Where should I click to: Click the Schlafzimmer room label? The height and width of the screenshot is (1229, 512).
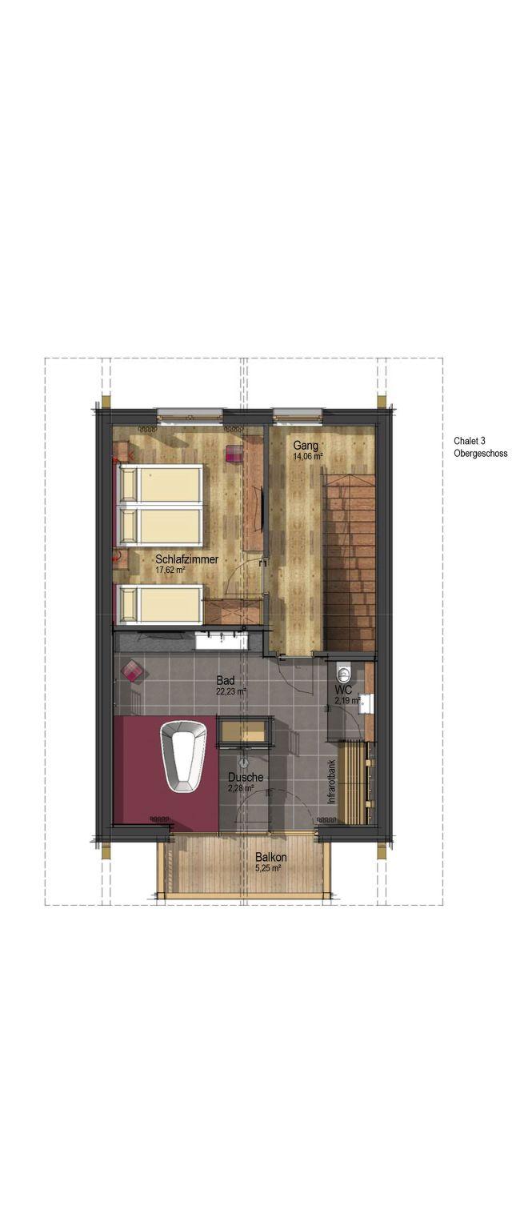[186, 559]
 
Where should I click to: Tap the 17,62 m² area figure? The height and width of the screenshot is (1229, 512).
[170, 570]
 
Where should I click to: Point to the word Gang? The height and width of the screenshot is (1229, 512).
[305, 445]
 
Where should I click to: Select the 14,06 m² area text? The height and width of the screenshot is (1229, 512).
[308, 455]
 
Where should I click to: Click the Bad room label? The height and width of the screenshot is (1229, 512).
[226, 681]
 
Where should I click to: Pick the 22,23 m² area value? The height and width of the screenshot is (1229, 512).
[231, 691]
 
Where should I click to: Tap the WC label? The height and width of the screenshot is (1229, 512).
[343, 691]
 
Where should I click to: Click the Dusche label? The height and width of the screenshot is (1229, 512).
[246, 778]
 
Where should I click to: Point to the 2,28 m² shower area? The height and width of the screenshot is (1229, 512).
[240, 788]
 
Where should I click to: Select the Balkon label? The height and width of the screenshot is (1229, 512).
[271, 857]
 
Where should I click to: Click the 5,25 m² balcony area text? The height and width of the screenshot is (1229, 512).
[268, 868]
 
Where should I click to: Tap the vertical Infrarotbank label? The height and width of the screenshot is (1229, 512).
[331, 782]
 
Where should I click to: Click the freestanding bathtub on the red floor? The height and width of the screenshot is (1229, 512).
[183, 756]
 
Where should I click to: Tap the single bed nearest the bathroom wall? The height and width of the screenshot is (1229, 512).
[161, 604]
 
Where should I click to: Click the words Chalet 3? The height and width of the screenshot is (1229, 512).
[469, 441]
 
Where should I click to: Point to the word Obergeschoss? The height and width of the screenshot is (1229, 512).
[480, 454]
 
